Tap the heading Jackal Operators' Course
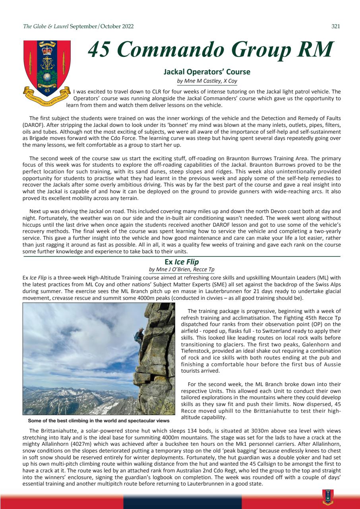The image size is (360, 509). pos(207,72)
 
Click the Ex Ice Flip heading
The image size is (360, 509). pos(182,262)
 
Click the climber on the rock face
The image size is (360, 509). pos(140,338)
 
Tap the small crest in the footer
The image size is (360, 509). pos(328,497)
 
